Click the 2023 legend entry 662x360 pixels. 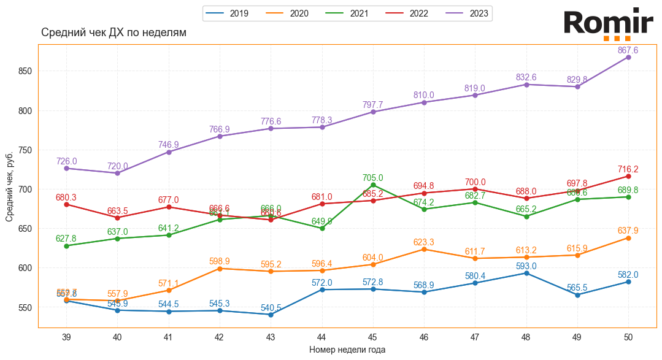point(470,13)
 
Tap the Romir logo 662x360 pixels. point(608,24)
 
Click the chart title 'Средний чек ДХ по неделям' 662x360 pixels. point(114,33)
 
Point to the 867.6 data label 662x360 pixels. point(628,50)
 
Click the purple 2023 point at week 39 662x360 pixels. point(66,168)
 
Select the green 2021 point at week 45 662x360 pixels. point(373,185)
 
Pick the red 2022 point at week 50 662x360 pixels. point(629,177)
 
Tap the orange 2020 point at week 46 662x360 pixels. point(424,249)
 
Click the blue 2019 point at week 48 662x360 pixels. point(526,273)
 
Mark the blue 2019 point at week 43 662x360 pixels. point(271,315)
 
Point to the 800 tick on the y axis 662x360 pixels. point(24,111)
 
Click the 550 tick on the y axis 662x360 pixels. point(24,307)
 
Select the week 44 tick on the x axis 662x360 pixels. point(321,337)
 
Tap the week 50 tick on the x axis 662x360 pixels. point(629,337)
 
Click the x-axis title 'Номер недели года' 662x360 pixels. point(347,350)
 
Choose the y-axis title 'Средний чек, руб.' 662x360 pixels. point(9,186)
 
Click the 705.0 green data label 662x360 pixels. point(372,178)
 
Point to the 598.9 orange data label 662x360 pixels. point(219,261)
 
